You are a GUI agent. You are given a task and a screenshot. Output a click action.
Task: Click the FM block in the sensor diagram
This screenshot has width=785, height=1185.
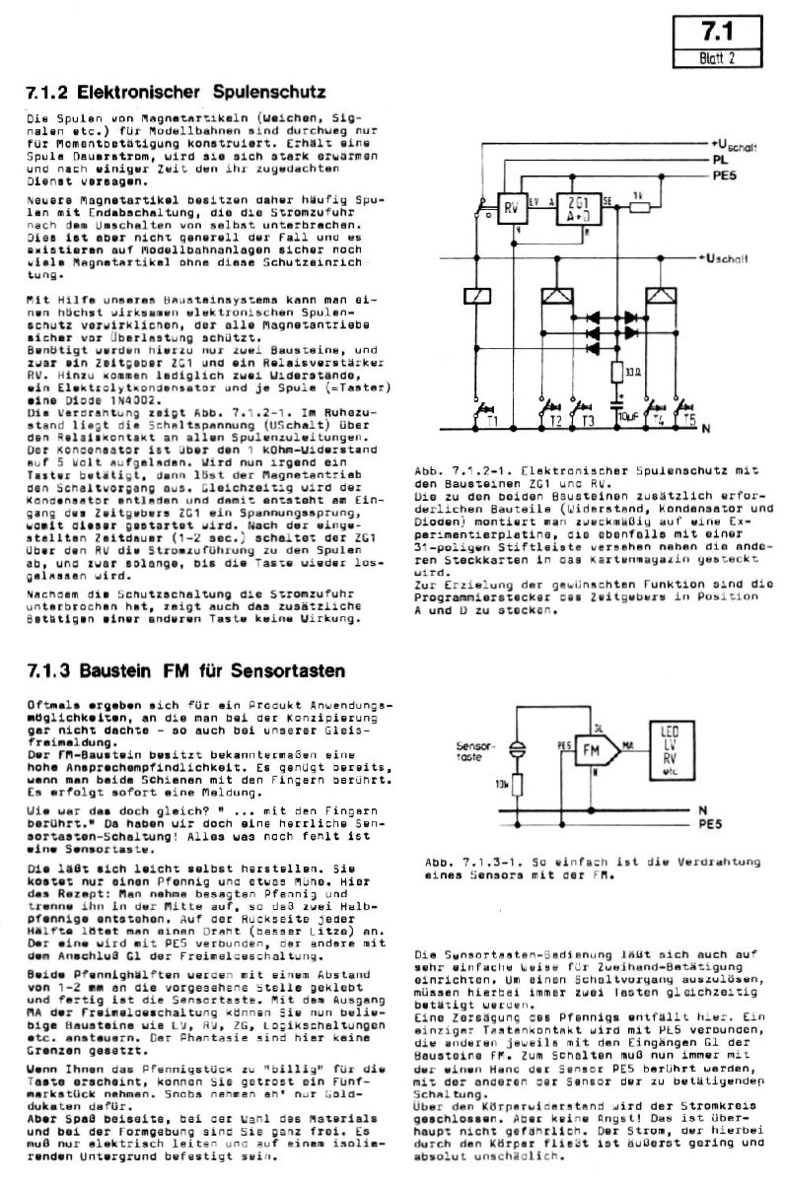click(x=591, y=750)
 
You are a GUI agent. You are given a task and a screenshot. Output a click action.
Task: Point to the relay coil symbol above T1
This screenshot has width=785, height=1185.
click(x=476, y=296)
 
